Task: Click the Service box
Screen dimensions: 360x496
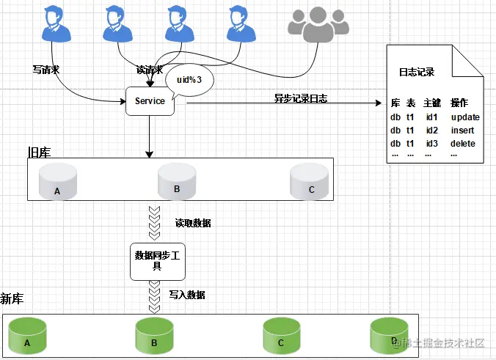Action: point(150,101)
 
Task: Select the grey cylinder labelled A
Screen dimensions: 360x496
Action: point(57,182)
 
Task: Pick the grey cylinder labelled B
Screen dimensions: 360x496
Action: point(177,182)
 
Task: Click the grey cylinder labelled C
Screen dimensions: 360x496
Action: point(308,182)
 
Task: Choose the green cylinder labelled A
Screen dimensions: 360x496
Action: point(27,337)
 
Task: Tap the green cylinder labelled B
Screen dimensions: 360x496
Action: point(154,337)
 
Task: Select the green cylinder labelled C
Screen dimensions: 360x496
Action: point(281,337)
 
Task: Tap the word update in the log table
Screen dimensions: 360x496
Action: point(465,117)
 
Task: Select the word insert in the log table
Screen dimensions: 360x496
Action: point(462,131)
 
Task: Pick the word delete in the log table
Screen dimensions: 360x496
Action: point(463,143)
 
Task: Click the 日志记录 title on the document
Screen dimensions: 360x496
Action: point(417,73)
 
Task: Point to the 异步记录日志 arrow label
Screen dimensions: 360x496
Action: point(301,98)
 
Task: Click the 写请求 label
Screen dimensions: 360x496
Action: point(45,70)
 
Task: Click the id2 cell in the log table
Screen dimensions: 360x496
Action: point(431,131)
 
